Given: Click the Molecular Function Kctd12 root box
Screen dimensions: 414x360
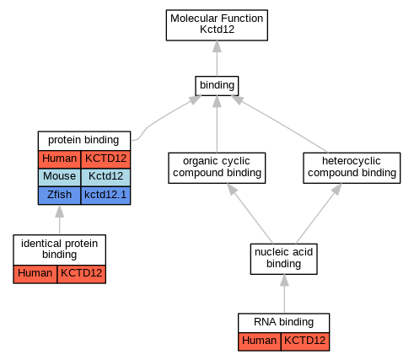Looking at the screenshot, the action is pyautogui.click(x=217, y=25).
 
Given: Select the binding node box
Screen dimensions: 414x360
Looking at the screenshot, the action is pyautogui.click(x=217, y=86).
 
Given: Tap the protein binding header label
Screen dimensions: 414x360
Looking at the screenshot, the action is pyautogui.click(x=83, y=140).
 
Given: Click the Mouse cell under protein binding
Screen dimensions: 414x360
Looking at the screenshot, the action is pyautogui.click(x=59, y=177).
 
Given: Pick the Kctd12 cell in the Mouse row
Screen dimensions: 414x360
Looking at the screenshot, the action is pyautogui.click(x=105, y=177).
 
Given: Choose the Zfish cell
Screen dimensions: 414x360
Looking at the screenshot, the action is pyautogui.click(x=59, y=195).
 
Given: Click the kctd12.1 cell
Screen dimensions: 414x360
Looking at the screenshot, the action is pyautogui.click(x=105, y=195).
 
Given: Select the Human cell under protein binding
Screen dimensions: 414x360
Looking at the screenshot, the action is pyautogui.click(x=59, y=159).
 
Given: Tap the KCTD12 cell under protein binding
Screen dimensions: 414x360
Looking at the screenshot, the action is pyautogui.click(x=105, y=159).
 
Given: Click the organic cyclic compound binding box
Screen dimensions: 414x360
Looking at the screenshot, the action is pyautogui.click(x=217, y=168).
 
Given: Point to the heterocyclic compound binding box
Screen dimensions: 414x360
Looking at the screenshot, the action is pyautogui.click(x=352, y=168).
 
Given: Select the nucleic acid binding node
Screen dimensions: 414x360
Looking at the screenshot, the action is pyautogui.click(x=284, y=259).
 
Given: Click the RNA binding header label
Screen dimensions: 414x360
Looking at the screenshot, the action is pyautogui.click(x=283, y=322).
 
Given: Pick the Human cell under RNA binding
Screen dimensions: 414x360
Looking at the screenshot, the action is pyautogui.click(x=260, y=341).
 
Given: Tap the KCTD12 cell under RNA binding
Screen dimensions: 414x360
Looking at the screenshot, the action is pyautogui.click(x=305, y=341).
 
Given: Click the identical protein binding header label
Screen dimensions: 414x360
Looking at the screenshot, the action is pyautogui.click(x=59, y=249).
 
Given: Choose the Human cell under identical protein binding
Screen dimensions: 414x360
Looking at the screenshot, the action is pyautogui.click(x=35, y=274).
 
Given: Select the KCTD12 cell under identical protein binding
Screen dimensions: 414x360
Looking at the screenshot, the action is pyautogui.click(x=82, y=274).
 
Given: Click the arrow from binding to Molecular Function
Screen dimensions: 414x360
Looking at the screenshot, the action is pyautogui.click(x=217, y=58).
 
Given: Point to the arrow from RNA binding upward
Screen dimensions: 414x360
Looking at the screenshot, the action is pyautogui.click(x=284, y=293).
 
